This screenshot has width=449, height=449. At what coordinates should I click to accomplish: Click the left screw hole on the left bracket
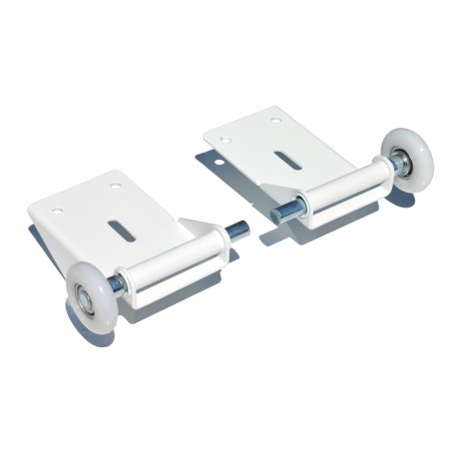point(57,211)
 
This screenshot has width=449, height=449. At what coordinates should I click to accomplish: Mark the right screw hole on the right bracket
point(275,121)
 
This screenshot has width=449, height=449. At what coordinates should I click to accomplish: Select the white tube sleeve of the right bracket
point(339,191)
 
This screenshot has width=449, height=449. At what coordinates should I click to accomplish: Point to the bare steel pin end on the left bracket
point(238,229)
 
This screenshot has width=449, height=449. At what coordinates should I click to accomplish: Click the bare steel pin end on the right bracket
point(282,212)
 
